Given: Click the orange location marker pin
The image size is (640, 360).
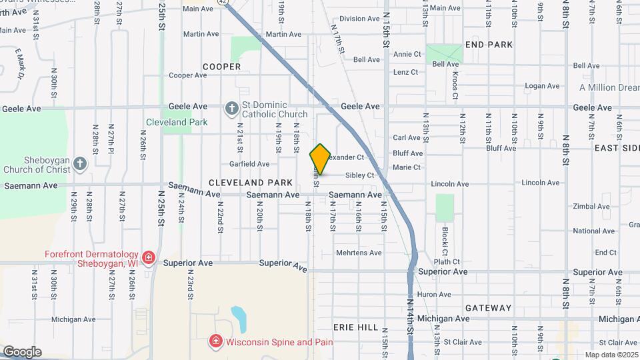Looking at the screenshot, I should [x=320, y=159].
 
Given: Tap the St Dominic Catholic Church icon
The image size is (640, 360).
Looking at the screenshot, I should [x=231, y=108].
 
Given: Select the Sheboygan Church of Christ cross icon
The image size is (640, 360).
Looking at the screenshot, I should [x=80, y=165].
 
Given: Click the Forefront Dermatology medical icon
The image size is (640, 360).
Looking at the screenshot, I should [x=148, y=257].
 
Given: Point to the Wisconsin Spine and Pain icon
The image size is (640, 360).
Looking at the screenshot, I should [x=215, y=342].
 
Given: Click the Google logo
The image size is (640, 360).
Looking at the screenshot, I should [x=22, y=351].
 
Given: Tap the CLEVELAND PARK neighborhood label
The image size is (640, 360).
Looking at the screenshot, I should [x=250, y=182].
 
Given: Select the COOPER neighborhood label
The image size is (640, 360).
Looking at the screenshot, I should [x=221, y=67].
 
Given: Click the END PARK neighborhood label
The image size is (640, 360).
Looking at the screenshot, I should [x=489, y=45].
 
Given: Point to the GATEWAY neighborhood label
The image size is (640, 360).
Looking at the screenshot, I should [x=488, y=308].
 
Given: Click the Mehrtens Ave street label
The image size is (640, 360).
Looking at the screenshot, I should [x=359, y=253].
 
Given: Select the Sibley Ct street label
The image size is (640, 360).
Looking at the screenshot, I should [x=359, y=175].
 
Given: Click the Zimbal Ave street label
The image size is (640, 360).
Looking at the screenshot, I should [x=591, y=207].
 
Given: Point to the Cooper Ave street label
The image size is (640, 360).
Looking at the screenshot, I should [x=188, y=75].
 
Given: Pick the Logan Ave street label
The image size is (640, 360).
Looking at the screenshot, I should [x=542, y=86].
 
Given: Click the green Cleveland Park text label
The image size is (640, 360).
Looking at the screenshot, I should [x=177, y=122].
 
